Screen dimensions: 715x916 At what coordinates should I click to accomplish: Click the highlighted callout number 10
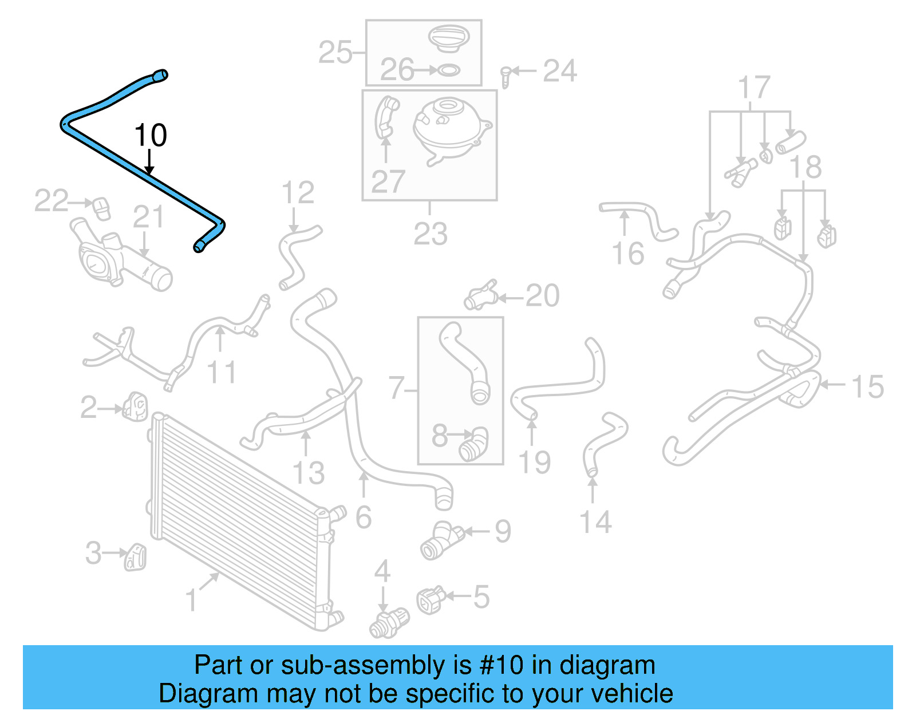click(x=151, y=136)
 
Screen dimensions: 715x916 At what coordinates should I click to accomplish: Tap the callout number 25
click(x=335, y=53)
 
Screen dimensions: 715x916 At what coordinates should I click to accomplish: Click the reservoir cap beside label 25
click(x=449, y=38)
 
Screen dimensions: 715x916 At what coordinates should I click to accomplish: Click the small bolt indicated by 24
click(x=505, y=76)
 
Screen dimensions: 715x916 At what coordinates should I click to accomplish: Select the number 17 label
click(x=754, y=88)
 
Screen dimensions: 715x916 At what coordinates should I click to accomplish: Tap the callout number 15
click(x=867, y=387)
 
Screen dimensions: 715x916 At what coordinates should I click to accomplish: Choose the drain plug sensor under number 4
click(x=389, y=623)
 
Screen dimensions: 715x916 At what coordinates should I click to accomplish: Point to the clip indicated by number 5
click(x=431, y=600)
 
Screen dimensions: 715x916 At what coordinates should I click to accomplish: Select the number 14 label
click(x=595, y=522)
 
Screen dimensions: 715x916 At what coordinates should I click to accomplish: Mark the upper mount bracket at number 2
click(x=136, y=406)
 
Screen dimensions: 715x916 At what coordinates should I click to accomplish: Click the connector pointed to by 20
click(x=480, y=297)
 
